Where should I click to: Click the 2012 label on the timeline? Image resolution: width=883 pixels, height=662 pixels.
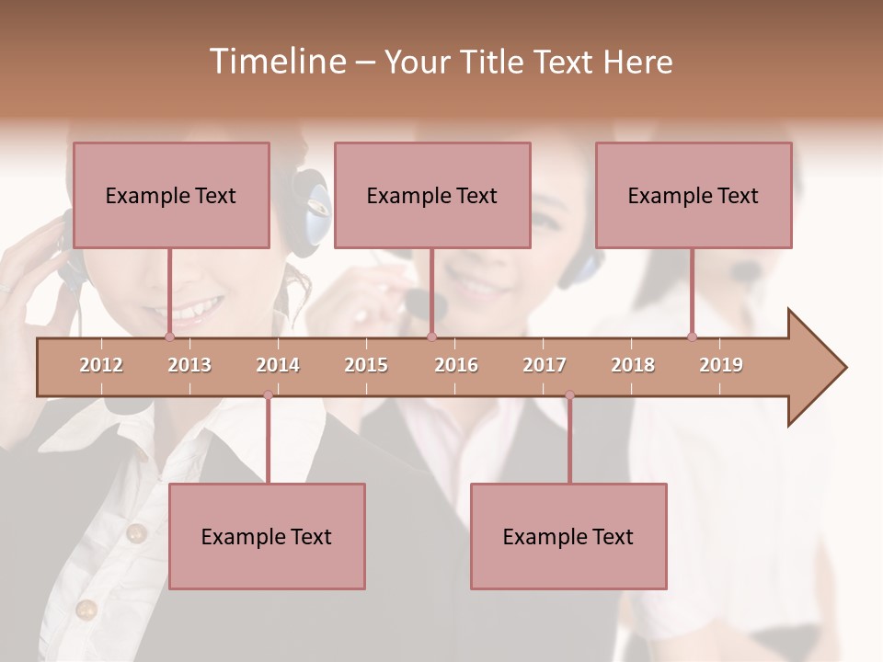pos(101,365)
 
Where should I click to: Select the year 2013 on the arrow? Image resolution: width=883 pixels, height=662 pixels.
pos(189,365)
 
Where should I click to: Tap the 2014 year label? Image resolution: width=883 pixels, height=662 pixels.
pos(278,365)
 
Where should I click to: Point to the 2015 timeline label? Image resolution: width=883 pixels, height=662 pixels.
pos(366,365)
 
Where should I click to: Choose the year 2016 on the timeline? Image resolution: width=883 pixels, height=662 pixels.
pos(456,365)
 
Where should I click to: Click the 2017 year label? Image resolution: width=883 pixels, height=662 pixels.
pos(545,365)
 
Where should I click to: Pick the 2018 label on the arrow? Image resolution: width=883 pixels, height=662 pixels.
pos(633,365)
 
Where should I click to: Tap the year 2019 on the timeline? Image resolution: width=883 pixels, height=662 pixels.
pos(721,365)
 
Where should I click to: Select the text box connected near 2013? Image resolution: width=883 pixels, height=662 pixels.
pos(171,195)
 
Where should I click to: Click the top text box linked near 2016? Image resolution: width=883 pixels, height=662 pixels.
pos(432,195)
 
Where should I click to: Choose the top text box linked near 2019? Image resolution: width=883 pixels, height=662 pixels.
pos(694,195)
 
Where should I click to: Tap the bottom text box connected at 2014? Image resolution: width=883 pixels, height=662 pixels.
pos(267,536)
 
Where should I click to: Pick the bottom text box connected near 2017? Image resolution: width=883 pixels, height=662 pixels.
pos(568,536)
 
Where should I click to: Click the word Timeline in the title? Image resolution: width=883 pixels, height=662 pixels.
pos(276,62)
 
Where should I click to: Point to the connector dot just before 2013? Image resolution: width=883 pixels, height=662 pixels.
pos(169,337)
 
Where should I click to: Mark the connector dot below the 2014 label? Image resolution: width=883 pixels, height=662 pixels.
pos(268,395)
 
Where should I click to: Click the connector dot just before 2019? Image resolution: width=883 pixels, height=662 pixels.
pos(692,337)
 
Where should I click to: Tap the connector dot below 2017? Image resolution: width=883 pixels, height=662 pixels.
pos(569,395)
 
